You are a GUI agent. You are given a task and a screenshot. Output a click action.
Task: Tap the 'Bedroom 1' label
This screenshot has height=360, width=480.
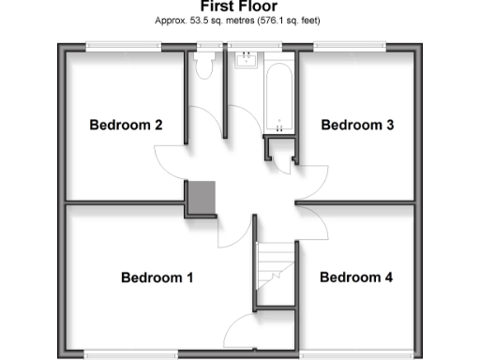[157, 277]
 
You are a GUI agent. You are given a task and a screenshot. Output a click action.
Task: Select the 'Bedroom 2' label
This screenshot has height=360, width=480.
[127, 125]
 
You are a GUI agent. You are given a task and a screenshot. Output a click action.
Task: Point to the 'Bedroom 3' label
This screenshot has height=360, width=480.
[357, 125]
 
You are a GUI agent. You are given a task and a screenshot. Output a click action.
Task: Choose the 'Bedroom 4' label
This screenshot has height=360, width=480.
[355, 277]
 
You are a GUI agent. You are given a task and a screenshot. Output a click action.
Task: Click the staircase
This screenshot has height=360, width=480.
[277, 272]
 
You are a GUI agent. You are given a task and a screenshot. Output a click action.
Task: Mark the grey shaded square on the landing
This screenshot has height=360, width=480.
[202, 198]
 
